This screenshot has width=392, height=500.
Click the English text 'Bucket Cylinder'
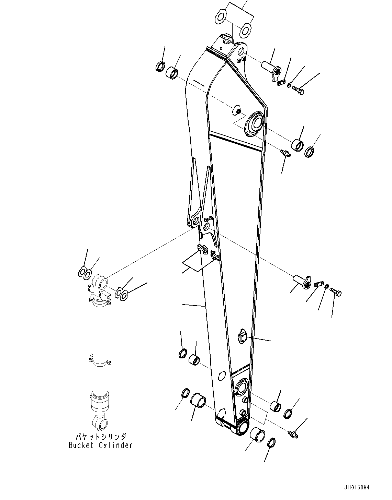(100, 445)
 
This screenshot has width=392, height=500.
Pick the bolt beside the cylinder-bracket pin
(336, 292)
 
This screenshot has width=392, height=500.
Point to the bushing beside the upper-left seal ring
(172, 73)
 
